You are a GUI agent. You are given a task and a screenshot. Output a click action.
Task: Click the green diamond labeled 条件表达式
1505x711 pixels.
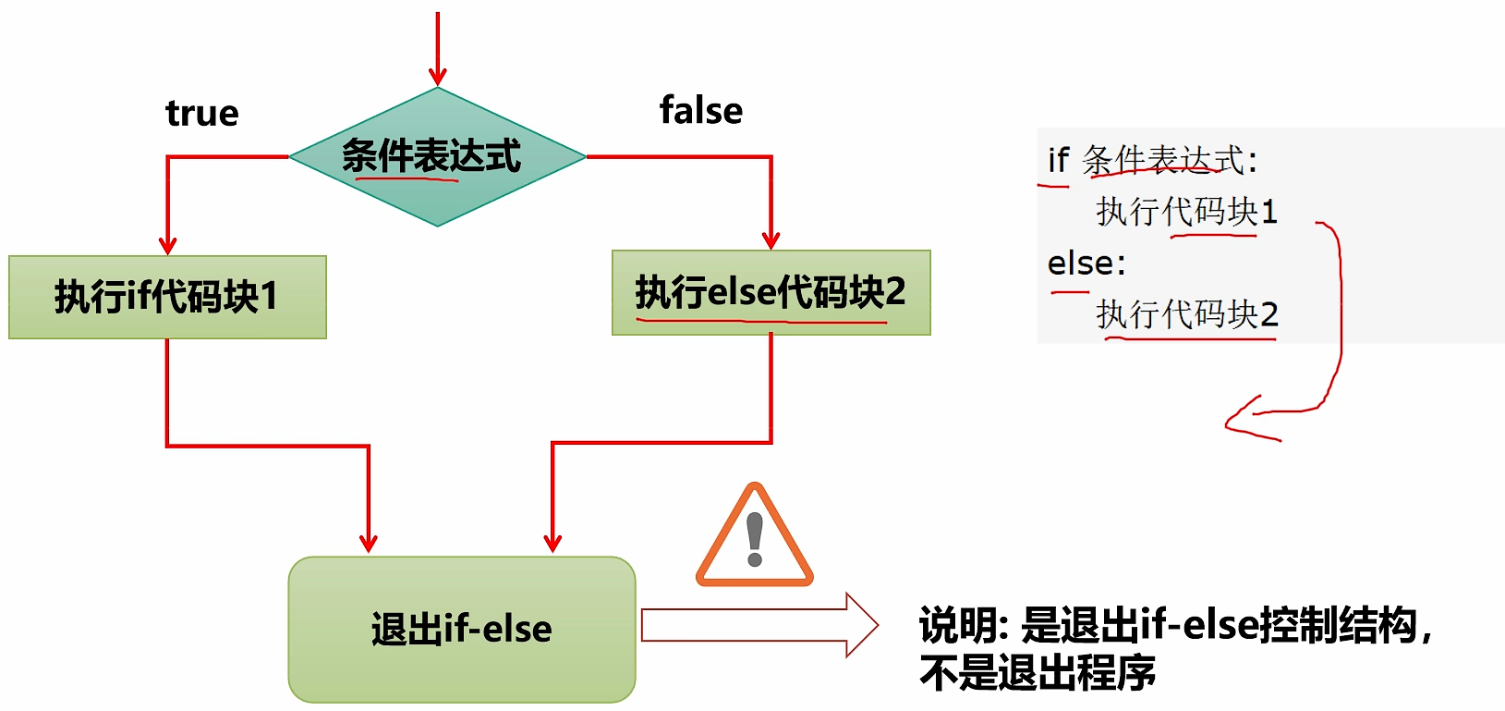[438, 157]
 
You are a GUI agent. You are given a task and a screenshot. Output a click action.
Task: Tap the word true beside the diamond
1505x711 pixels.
[202, 113]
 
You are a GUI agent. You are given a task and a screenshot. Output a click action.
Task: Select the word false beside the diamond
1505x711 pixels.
[701, 110]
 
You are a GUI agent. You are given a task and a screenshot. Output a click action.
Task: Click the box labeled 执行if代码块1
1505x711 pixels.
[167, 297]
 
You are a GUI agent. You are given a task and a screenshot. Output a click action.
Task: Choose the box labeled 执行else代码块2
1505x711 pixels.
[771, 292]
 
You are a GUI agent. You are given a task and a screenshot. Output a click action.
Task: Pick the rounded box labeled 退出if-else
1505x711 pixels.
[462, 629]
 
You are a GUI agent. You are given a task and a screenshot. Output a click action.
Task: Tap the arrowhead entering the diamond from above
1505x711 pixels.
[438, 78]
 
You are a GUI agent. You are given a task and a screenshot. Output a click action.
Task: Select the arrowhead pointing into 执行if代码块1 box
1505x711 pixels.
[167, 245]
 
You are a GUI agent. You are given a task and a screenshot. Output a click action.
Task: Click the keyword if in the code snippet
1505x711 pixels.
[1058, 160]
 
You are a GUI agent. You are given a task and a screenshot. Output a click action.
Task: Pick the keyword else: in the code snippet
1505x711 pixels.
[1086, 264]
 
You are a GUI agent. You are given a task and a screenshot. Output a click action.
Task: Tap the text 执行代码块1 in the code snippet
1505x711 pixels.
[1186, 212]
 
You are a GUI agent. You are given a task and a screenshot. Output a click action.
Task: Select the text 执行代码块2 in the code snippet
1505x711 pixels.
[1187, 314]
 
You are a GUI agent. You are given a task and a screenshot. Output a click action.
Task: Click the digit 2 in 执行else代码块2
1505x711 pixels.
[894, 292]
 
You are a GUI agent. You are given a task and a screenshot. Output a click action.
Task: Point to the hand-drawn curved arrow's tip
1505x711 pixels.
[1228, 424]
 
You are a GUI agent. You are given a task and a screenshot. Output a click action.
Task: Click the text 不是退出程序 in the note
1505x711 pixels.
[1038, 672]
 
